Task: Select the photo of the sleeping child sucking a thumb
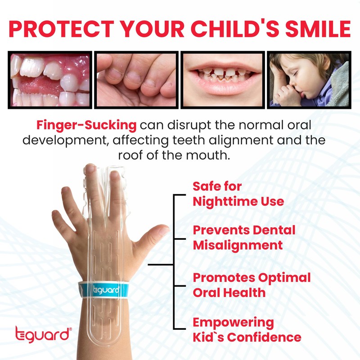(309, 80)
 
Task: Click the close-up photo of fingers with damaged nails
(136, 80)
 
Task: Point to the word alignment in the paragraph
(237, 139)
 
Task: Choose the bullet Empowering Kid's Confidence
(247, 329)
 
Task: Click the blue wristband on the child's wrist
(104, 290)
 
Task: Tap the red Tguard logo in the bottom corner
(43, 335)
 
